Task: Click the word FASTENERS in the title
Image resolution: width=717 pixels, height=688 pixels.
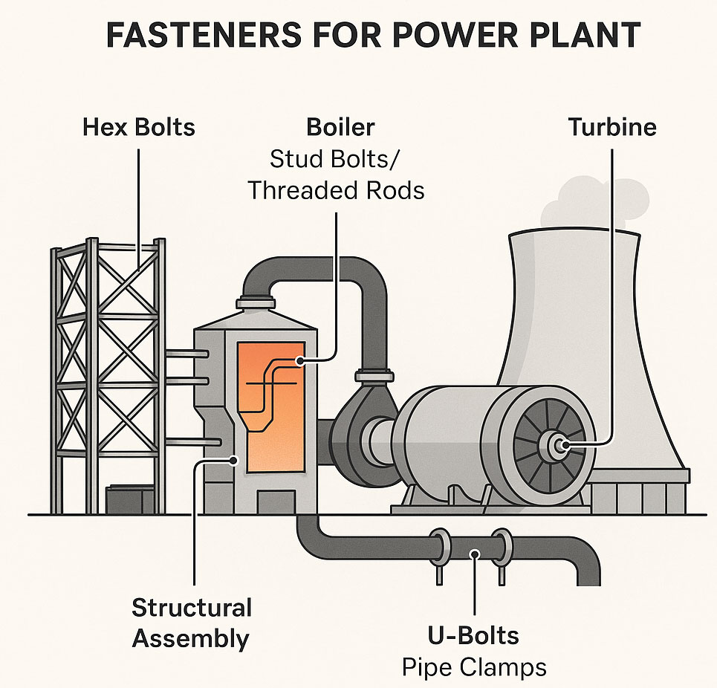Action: coord(204,34)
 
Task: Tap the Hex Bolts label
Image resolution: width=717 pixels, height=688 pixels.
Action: coord(139,127)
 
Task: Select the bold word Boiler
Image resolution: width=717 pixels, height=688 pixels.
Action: coord(340,127)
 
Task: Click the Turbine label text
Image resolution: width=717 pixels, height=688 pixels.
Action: coord(612,127)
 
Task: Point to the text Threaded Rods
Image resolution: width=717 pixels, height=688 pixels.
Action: coord(336,190)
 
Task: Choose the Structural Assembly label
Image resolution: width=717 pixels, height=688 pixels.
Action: coord(192,623)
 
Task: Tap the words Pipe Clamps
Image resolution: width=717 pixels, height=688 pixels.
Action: coord(474,667)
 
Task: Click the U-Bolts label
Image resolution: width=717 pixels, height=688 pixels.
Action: coord(473,635)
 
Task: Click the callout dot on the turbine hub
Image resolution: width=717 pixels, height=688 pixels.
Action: coord(565,444)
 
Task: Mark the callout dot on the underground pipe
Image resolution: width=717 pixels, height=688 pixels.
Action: coord(475,554)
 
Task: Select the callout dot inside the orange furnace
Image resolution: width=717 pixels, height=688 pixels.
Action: coord(300,361)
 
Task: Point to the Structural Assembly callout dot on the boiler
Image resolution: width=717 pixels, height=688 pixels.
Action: coord(234,460)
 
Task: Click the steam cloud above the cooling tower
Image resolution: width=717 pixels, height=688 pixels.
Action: coord(594,204)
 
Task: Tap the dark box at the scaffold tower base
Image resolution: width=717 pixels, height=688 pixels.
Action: coord(130,499)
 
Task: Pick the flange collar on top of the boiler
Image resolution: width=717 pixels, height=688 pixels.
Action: coord(256,303)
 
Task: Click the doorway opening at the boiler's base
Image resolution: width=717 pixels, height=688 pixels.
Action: coord(276,502)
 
